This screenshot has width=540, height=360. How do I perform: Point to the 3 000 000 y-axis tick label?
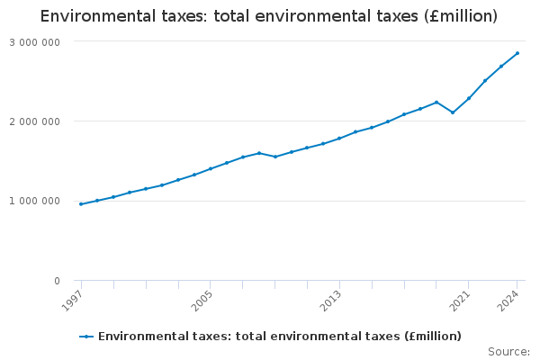coord(35,42)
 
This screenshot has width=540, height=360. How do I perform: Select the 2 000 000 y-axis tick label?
coord(35,121)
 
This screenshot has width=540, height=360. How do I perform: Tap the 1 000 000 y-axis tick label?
coord(35,201)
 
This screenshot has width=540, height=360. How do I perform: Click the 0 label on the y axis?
coord(57,281)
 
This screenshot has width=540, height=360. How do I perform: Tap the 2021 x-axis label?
coord(462,299)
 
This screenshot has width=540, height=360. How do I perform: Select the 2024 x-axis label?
coord(510,299)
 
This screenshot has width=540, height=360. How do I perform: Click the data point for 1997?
coord(81,204)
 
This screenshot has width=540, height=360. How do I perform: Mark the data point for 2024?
coord(517,53)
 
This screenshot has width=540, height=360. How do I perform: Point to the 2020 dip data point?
coord(453,112)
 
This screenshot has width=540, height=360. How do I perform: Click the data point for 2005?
coord(211,168)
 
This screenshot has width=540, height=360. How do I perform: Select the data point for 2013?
coord(339,139)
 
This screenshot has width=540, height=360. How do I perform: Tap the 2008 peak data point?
coord(259,153)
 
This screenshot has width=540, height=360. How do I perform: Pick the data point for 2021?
coord(469,98)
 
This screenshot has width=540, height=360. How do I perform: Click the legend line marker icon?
coord(86,337)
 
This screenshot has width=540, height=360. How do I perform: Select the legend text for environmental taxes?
coord(279,337)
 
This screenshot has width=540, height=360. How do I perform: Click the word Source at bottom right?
coord(508,351)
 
